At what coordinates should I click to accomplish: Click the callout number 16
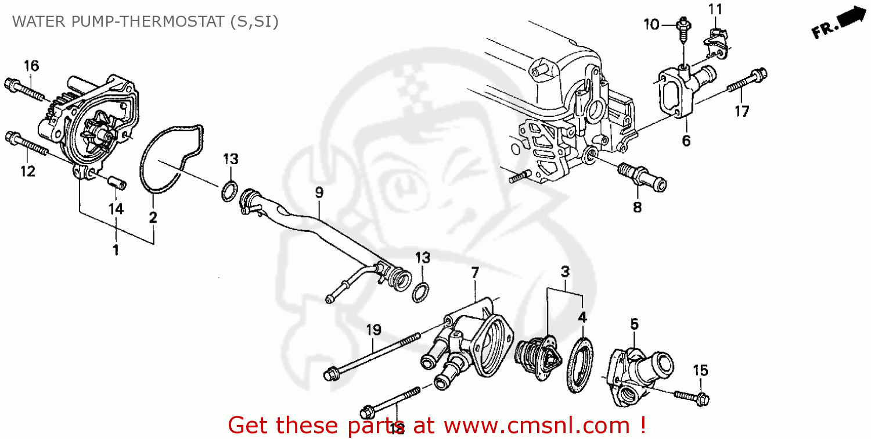(31, 66)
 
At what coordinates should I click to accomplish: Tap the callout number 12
(27, 172)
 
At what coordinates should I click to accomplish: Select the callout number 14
(116, 209)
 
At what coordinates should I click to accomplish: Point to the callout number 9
(319, 192)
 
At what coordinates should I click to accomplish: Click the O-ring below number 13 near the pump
(229, 191)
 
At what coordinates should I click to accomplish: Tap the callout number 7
(475, 272)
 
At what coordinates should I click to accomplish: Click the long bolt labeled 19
(372, 356)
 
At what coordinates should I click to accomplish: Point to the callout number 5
(634, 323)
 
